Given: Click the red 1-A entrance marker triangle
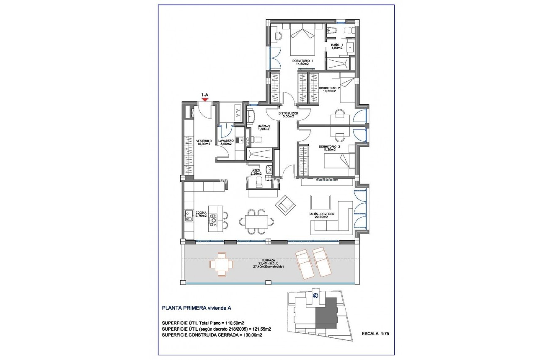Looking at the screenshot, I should pyautogui.click(x=205, y=99).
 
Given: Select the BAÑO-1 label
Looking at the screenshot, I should pyautogui.click(x=337, y=47).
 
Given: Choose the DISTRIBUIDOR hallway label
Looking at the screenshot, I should pyautogui.click(x=288, y=115).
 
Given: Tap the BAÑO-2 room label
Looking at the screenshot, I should pyautogui.click(x=264, y=127).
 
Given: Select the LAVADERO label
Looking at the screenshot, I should pyautogui.click(x=226, y=142).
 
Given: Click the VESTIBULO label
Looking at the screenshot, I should pyautogui.click(x=204, y=142).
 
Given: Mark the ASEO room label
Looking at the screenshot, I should pyautogui.click(x=256, y=172).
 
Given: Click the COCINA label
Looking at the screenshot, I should pyautogui.click(x=201, y=214).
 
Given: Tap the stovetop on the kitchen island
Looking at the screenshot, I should pyautogui.click(x=214, y=219).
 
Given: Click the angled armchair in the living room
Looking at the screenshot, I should pyautogui.click(x=285, y=205).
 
